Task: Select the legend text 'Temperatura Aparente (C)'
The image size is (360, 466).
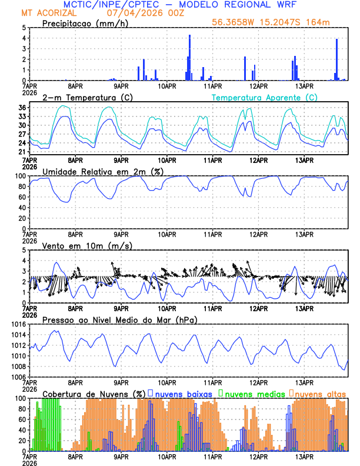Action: coord(265,97)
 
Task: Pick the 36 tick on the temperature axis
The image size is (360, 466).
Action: coord(22,108)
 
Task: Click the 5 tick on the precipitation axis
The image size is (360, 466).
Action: coord(24,28)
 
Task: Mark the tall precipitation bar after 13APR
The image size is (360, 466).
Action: coord(336,59)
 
